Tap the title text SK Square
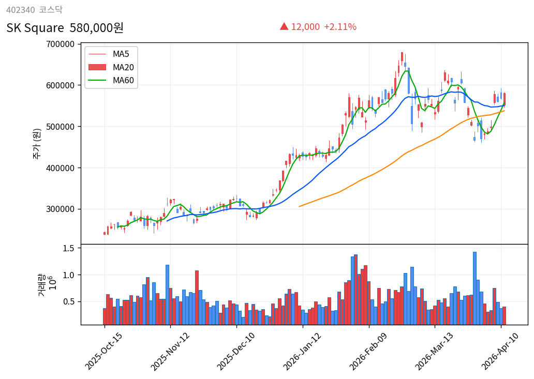[35, 28]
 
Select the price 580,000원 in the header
[96, 28]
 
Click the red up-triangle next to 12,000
[284, 26]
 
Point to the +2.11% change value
[340, 27]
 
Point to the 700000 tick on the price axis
[60, 44]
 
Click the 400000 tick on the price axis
[60, 168]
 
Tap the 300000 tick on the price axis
[60, 209]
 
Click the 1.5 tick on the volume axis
[69, 248]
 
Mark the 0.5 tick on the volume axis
[69, 301]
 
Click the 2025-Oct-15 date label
[103, 351]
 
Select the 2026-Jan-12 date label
[302, 351]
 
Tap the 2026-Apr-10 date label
[500, 351]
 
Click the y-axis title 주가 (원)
[37, 143]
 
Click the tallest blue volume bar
[474, 288]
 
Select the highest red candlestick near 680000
[402, 56]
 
